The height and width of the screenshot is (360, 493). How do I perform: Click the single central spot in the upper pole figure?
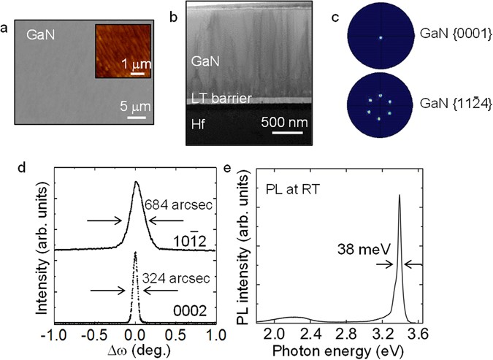click(x=380, y=37)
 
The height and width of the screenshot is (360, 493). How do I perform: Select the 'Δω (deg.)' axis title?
click(x=134, y=349)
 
